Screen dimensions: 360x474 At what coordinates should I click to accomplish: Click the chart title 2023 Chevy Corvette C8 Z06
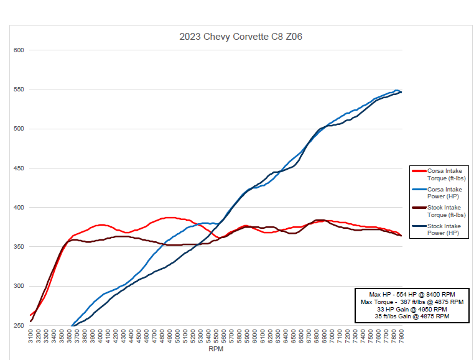pos(241,37)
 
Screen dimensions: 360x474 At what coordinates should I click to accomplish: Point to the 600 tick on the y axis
pos(19,50)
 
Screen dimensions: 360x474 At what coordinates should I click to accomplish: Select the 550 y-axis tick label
pos(19,90)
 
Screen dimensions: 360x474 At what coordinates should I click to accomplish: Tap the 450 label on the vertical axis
pos(19,168)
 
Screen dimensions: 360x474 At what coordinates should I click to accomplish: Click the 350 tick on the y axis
pos(19,247)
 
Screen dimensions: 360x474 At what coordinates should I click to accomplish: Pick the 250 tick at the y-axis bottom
pos(19,325)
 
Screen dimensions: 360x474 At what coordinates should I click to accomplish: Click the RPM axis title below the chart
pos(215,349)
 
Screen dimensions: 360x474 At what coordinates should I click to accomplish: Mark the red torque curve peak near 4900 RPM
pos(169,218)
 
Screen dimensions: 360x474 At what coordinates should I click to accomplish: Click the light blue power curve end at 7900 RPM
pos(401,91)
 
